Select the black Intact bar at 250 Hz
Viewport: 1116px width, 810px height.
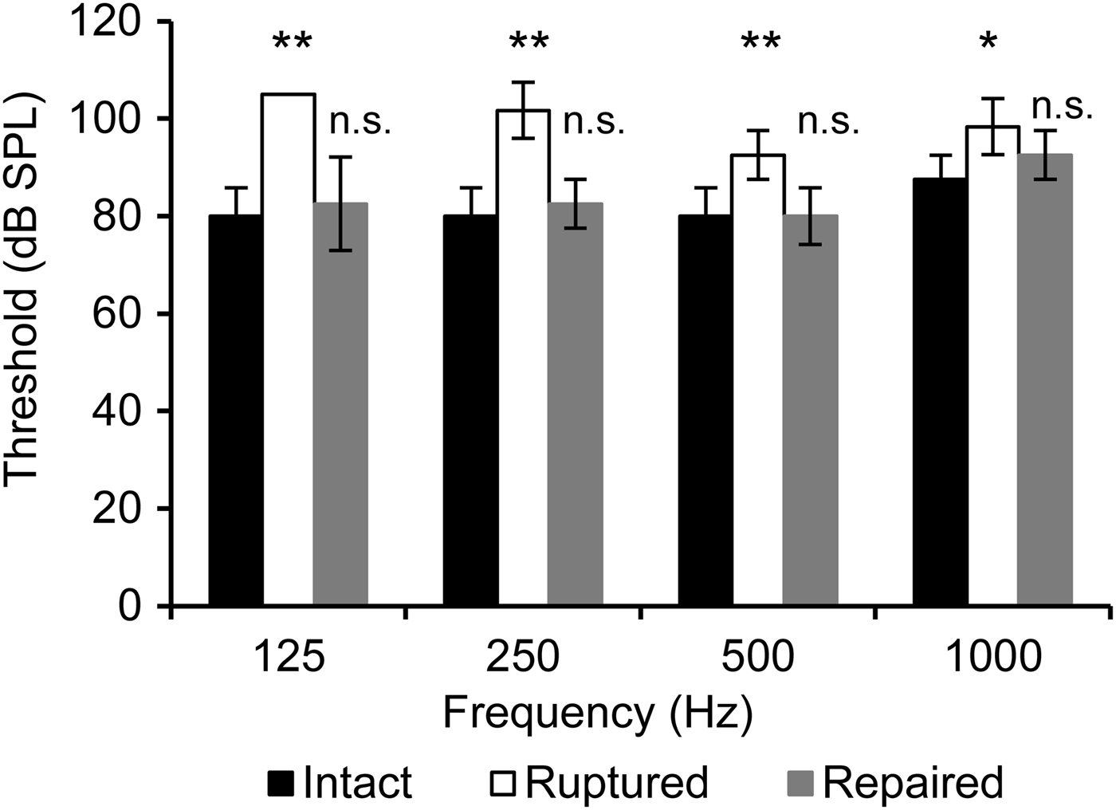(x=470, y=410)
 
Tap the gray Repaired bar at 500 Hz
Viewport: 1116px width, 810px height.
(x=810, y=410)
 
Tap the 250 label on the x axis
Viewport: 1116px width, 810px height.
(x=524, y=659)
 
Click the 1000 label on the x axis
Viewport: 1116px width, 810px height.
(x=992, y=659)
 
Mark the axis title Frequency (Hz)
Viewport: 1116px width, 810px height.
(x=597, y=713)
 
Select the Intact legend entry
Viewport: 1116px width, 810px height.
(x=340, y=783)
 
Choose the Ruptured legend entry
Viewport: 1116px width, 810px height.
(x=598, y=783)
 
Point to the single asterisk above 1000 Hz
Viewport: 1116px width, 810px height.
(x=989, y=44)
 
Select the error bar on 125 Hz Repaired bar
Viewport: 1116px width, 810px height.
(x=340, y=203)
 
